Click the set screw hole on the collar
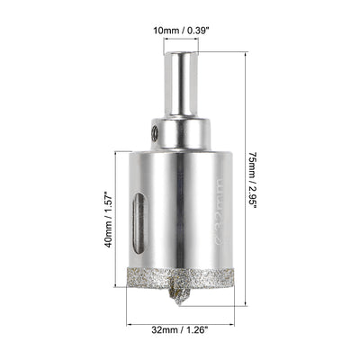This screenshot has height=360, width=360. tap(155, 133)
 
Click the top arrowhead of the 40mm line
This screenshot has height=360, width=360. tap(118, 153)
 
